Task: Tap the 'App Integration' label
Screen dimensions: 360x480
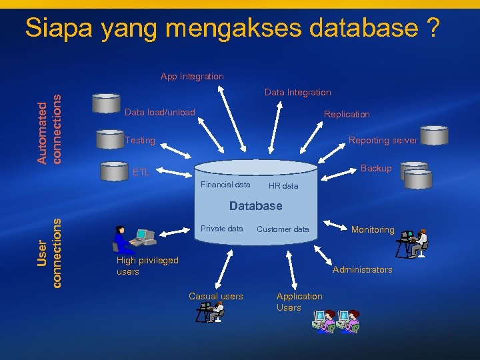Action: click(x=192, y=77)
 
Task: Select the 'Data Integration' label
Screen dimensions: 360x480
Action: click(x=297, y=93)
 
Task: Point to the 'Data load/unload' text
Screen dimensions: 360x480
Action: click(x=160, y=112)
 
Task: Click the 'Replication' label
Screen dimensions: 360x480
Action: click(x=347, y=115)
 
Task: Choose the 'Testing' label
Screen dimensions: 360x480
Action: click(x=140, y=141)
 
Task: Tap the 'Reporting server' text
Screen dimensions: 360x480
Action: click(x=383, y=141)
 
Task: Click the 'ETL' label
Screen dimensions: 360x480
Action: click(x=141, y=173)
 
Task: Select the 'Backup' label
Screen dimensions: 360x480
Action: click(x=376, y=169)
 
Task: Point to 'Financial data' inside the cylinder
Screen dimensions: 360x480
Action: click(x=225, y=185)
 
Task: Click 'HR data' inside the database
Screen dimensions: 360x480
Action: click(x=283, y=186)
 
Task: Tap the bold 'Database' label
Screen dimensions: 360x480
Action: click(x=256, y=206)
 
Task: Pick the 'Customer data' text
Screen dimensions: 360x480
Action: click(x=283, y=229)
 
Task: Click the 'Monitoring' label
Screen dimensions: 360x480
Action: click(x=373, y=230)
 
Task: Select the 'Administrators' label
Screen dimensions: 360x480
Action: click(x=363, y=270)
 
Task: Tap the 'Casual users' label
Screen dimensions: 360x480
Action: click(x=216, y=297)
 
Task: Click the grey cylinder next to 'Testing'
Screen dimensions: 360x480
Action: click(x=109, y=139)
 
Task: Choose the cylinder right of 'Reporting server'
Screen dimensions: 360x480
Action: click(x=434, y=135)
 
